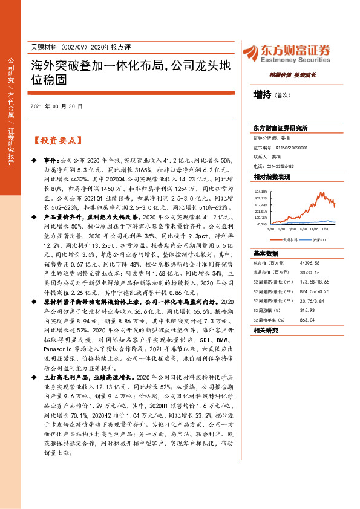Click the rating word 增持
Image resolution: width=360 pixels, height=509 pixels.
click(x=262, y=94)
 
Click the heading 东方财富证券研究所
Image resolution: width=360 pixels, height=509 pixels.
click(x=281, y=128)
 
